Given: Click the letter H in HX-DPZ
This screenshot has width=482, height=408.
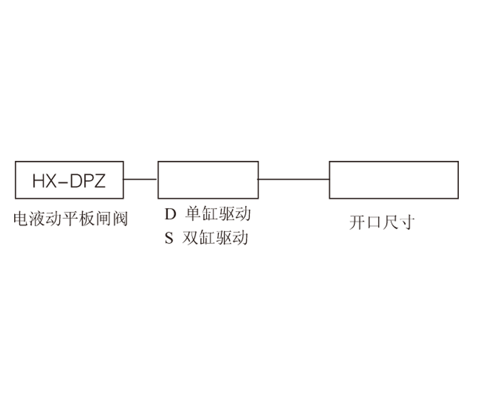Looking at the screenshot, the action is point(38,181).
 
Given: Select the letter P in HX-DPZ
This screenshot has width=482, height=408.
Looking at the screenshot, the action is point(87,181).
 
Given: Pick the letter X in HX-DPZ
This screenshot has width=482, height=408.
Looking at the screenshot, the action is point(51,181).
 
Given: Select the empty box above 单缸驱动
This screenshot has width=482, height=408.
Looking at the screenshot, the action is point(208,180).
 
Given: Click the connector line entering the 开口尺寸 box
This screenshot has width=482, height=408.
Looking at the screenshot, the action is point(294,179).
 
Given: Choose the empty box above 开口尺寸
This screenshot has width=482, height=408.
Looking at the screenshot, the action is point(394,180).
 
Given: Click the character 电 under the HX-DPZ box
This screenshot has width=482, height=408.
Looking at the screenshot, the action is point(21,219).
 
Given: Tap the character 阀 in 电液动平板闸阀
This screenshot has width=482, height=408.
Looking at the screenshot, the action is point(120,219).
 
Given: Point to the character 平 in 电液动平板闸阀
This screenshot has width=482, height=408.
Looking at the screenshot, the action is point(71,219).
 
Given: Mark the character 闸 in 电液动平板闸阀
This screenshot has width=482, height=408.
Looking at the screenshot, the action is point(104,219).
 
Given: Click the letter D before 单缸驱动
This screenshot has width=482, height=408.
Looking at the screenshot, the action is point(171,214).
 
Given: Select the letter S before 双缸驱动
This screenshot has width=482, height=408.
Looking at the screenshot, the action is point(169,238).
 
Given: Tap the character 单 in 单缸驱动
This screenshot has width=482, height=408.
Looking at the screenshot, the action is point(193,213).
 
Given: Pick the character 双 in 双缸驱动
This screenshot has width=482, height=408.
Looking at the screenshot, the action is point(190,238).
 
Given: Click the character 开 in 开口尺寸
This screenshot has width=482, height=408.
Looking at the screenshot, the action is point(357,222).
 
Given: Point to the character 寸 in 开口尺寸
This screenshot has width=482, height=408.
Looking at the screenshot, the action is point(407,222).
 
